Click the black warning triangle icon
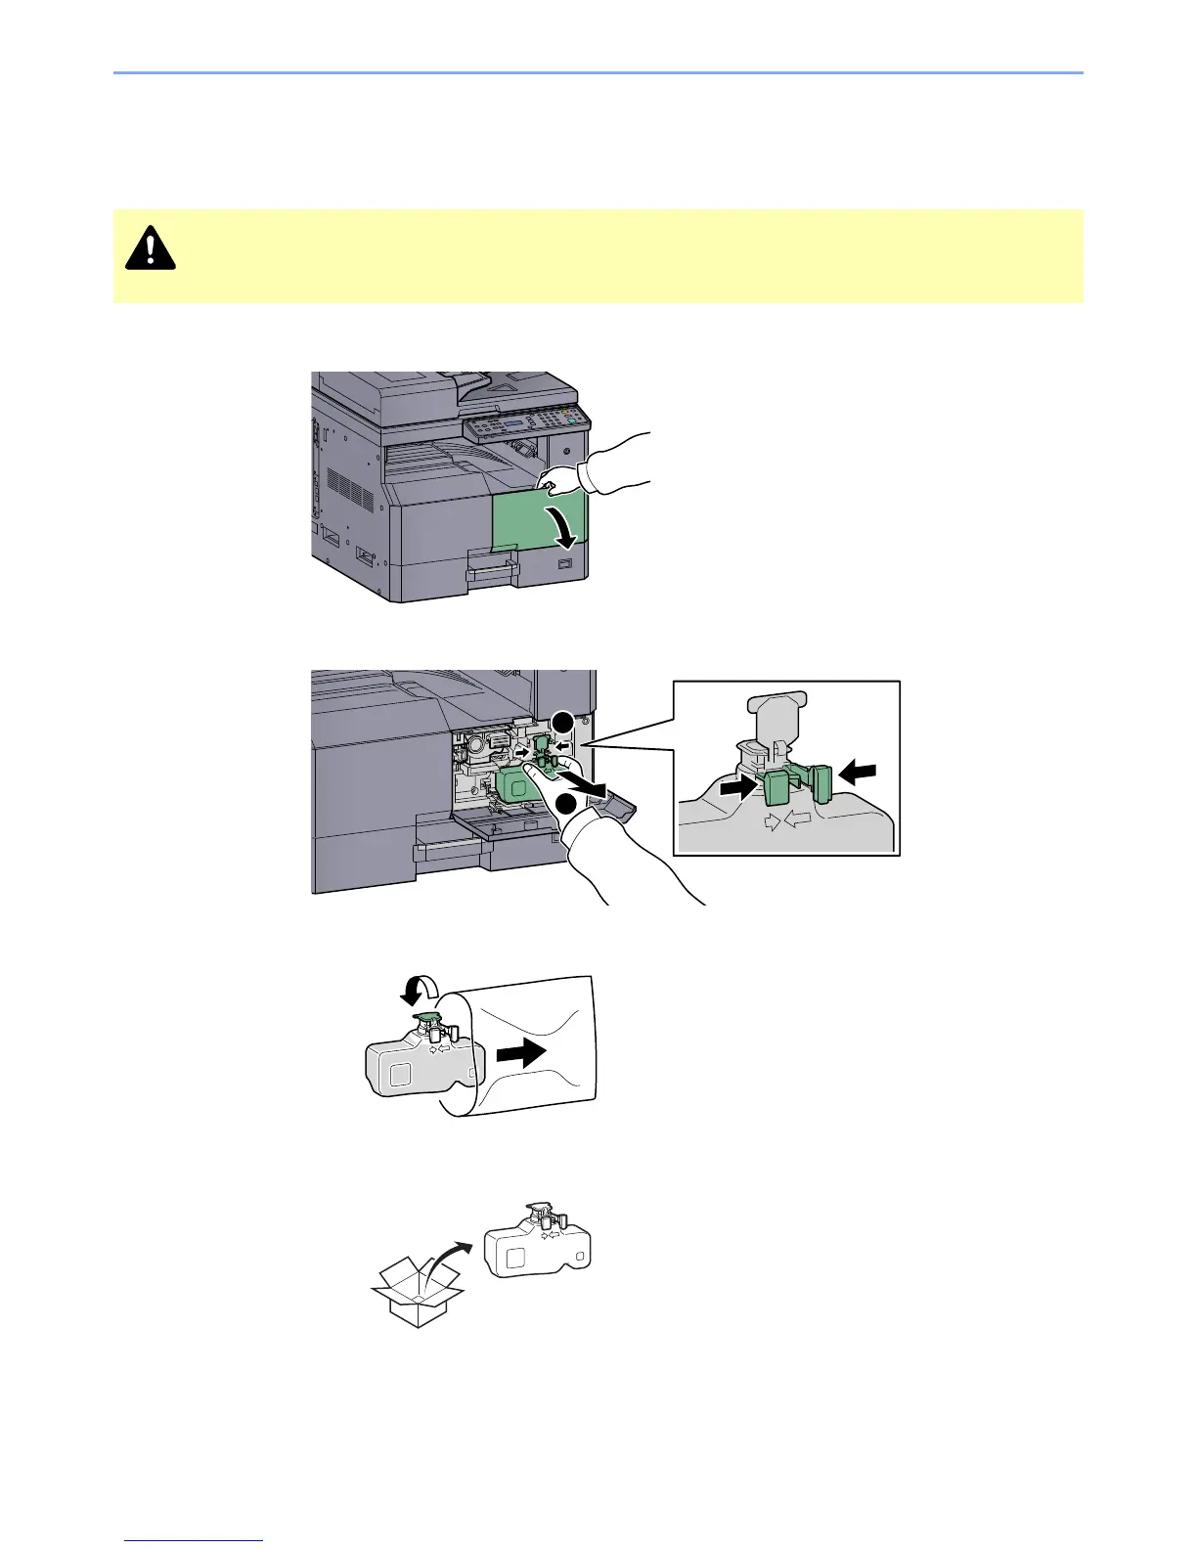(150, 248)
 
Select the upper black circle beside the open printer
(561, 724)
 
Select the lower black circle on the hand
(565, 805)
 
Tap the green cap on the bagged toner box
(426, 1021)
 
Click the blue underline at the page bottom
(196, 1540)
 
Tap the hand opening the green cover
(606, 465)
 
